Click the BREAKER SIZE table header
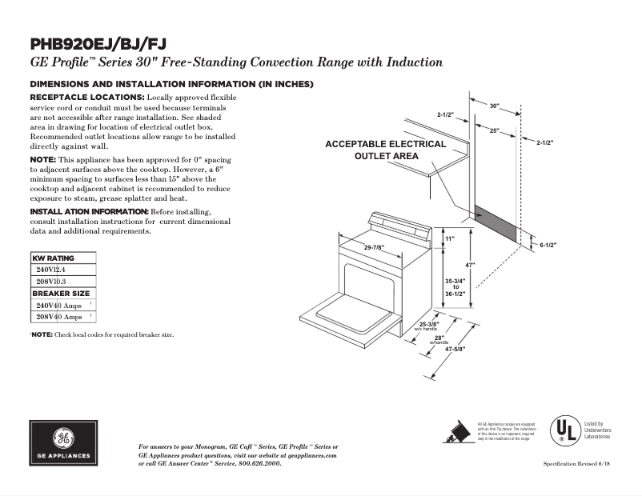tap(61, 294)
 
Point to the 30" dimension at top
tap(494, 106)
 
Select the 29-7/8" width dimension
tap(378, 247)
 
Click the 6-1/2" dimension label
tap(548, 245)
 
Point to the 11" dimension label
tap(449, 239)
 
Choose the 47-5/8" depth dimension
tap(454, 349)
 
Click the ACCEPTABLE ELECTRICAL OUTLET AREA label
tap(386, 150)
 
